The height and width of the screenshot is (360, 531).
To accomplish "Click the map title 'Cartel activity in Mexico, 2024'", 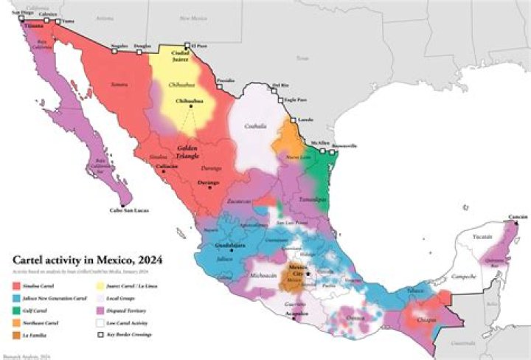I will [88, 260].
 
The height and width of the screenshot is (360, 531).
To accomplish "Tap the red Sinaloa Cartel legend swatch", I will [17, 283].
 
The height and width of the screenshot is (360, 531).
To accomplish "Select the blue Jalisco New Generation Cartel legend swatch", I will [17, 296].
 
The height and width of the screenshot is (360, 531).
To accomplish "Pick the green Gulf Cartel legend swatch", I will [17, 309].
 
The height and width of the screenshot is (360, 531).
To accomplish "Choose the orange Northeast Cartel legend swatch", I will [17, 322].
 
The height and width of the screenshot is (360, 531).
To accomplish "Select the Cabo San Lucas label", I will [128, 210].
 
